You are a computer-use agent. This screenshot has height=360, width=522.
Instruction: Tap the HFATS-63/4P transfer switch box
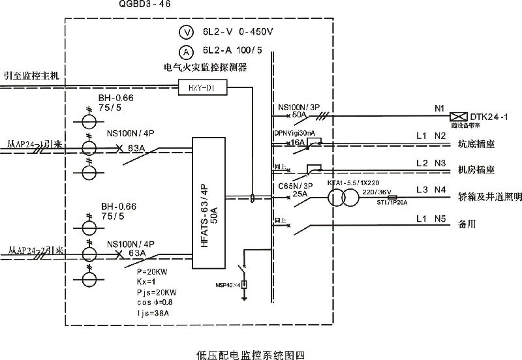pyautogui.click(x=207, y=204)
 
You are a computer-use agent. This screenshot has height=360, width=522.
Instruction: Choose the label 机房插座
pyautogui.click(x=478, y=170)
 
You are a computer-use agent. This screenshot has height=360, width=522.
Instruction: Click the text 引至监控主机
pyautogui.click(x=31, y=76)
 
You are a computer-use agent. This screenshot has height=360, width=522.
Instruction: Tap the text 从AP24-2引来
pyautogui.click(x=35, y=250)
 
